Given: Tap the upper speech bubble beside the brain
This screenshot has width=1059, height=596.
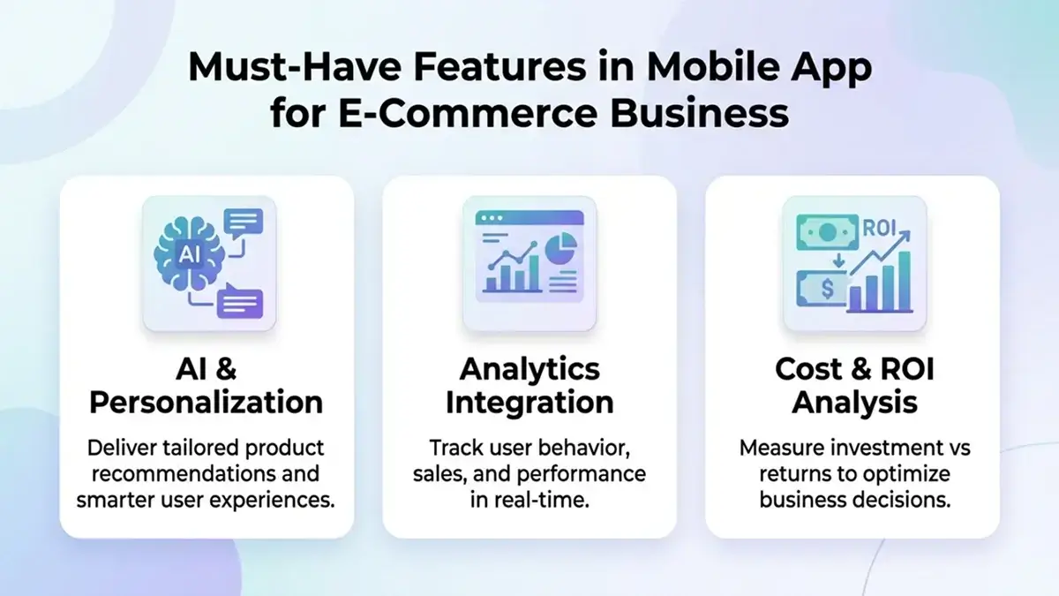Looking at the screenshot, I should (x=244, y=221).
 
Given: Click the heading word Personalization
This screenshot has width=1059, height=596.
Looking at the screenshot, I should (x=206, y=402).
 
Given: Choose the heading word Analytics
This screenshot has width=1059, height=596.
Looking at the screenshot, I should (x=529, y=368).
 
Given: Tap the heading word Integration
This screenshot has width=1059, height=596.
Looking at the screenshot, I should (x=529, y=402).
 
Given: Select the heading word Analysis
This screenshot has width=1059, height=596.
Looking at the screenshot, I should (x=853, y=402).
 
